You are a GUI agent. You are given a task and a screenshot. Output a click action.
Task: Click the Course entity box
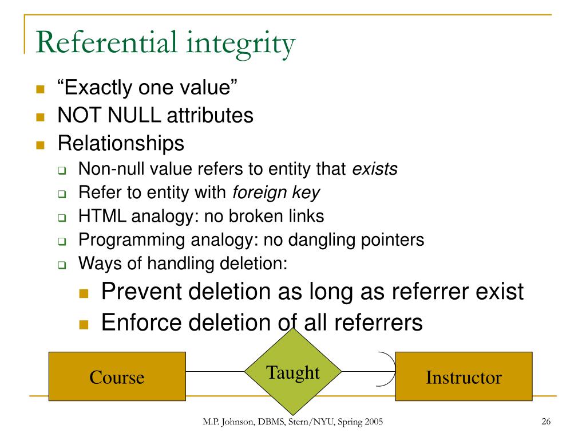117,376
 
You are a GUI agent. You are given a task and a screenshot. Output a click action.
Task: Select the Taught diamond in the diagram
293,372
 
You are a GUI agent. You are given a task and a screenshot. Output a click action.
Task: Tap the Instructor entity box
464,376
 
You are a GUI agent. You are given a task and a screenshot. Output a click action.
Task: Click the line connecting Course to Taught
215,372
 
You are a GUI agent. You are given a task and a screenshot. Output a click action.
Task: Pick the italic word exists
374,170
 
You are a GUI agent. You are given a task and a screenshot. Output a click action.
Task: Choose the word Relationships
121,143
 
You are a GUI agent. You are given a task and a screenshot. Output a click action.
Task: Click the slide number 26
545,422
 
